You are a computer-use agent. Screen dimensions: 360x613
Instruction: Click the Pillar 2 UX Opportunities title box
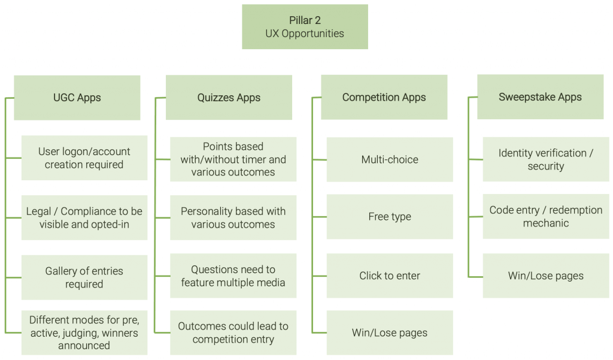point(305,27)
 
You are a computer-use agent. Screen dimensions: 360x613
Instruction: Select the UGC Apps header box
point(77,98)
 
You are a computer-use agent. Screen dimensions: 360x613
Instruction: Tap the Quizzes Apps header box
point(229,98)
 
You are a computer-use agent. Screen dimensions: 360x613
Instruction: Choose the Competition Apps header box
point(384,97)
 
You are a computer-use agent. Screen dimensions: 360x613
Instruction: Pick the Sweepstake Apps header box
point(540,97)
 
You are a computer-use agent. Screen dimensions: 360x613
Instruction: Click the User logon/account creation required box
point(84,158)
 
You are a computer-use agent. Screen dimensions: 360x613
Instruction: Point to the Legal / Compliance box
point(84,217)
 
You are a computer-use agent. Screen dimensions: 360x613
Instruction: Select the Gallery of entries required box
point(84,277)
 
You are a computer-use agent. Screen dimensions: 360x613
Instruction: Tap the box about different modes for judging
point(84,332)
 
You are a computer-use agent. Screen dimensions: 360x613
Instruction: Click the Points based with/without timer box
point(233,159)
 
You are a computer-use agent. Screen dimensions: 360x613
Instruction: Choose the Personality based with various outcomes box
point(233,217)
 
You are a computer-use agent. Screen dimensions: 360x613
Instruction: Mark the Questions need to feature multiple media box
point(233,276)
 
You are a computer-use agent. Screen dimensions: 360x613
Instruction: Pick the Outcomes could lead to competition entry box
point(233,332)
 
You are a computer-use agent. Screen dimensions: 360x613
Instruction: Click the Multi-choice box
point(390,159)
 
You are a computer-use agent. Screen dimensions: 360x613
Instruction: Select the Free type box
point(390,217)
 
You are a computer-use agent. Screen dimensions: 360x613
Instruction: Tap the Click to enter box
point(390,276)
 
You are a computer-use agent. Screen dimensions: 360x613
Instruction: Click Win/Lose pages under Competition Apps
point(390,332)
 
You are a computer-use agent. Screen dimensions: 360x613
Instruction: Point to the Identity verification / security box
point(546,159)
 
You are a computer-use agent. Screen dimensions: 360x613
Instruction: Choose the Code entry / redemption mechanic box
point(546,216)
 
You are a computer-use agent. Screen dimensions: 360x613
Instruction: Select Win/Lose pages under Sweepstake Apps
point(546,276)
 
